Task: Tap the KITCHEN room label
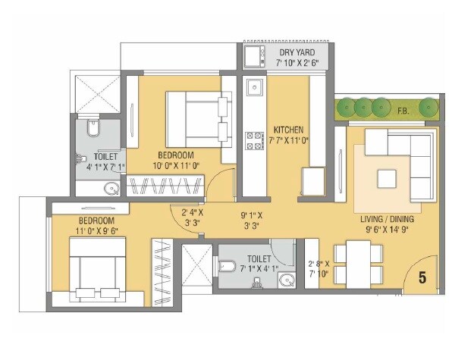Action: [x=288, y=129]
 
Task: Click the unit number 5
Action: [x=422, y=278]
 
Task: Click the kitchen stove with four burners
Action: [x=253, y=139]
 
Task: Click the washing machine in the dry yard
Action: [x=253, y=55]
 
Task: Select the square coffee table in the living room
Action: [x=388, y=179]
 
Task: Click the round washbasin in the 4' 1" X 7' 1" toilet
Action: [x=111, y=189]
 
